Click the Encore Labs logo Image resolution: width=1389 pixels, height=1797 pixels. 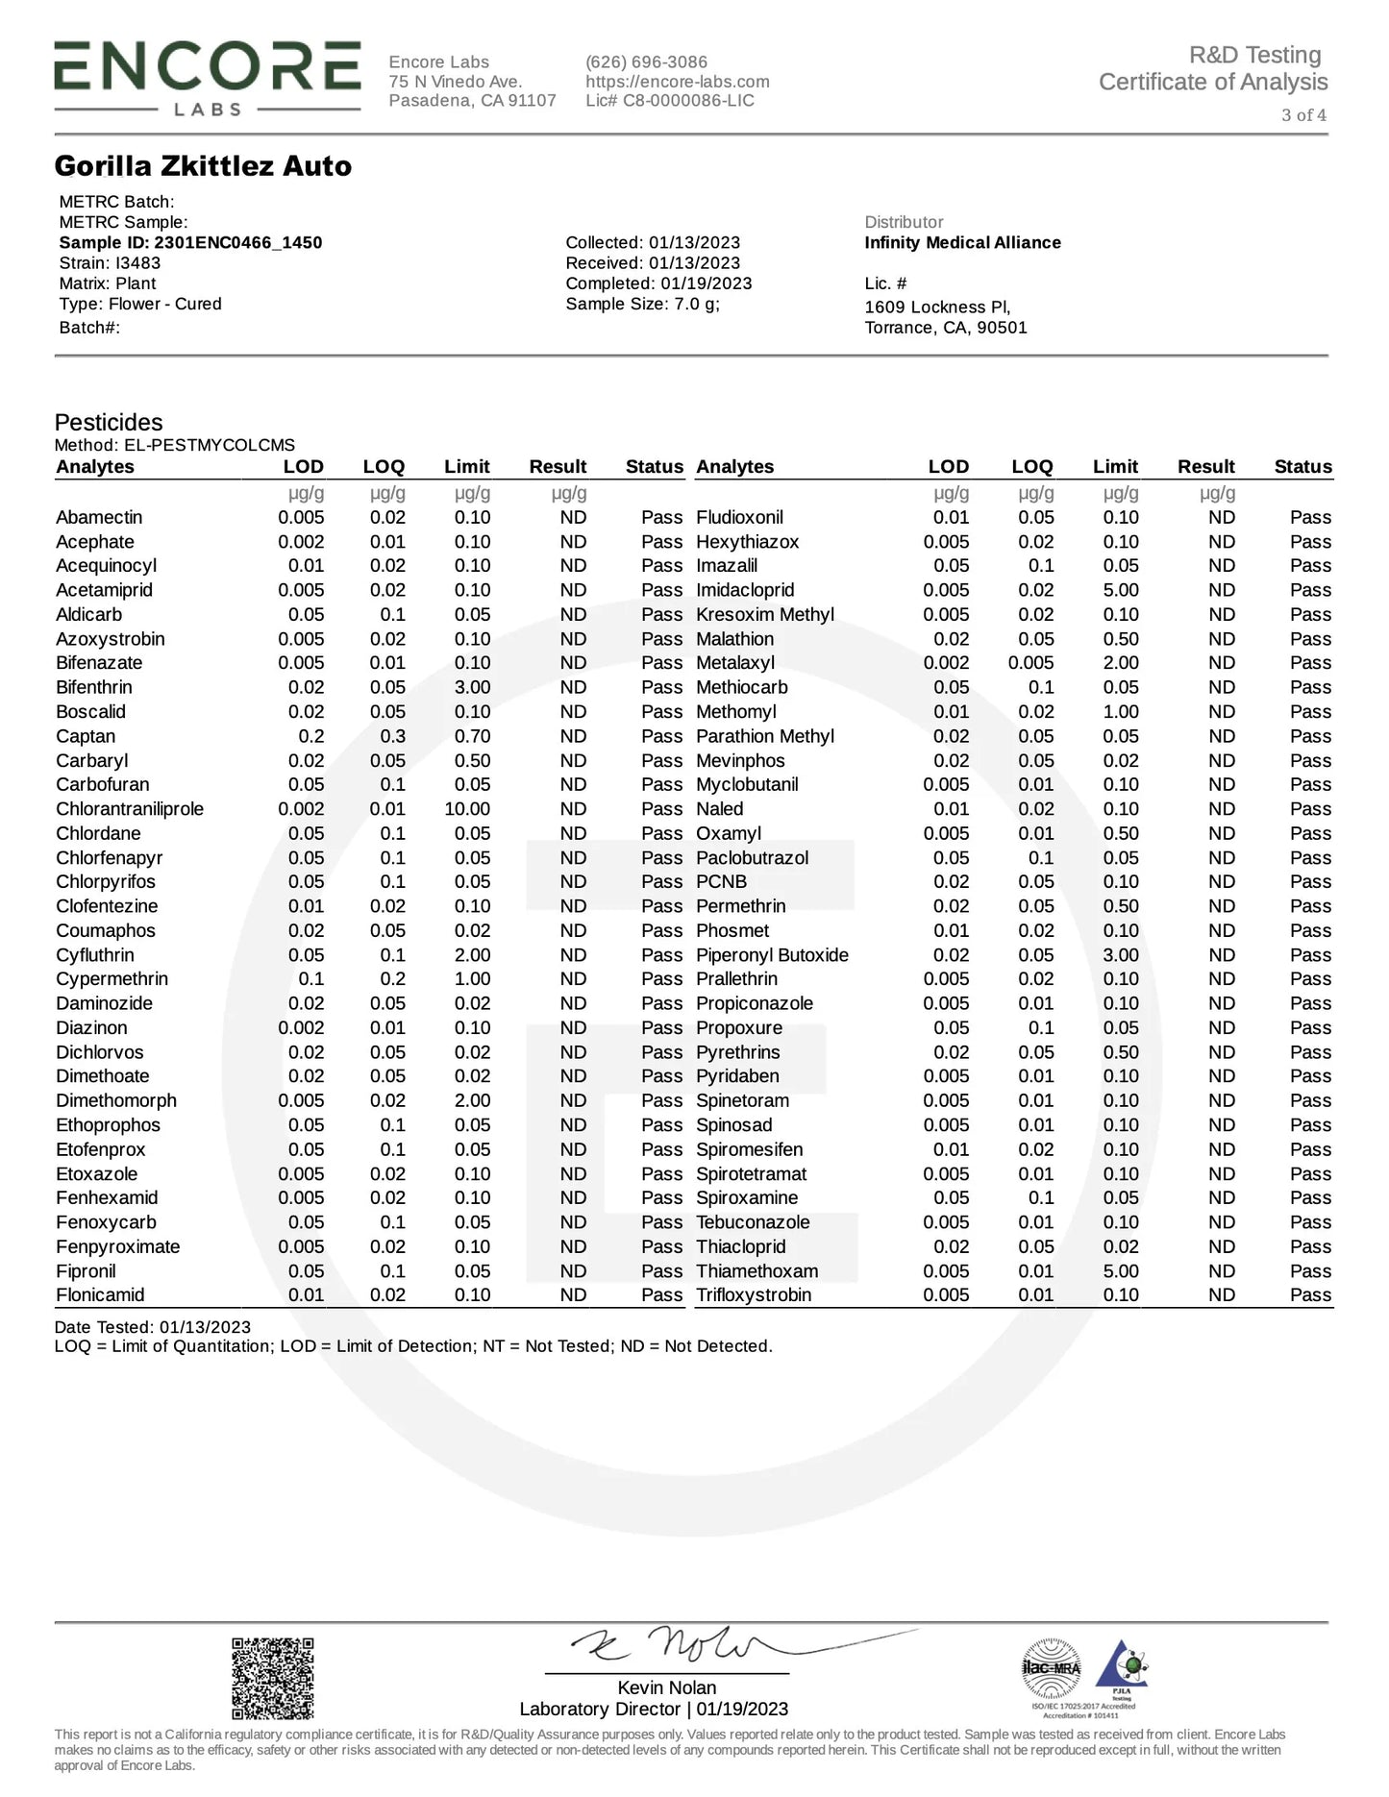tap(207, 77)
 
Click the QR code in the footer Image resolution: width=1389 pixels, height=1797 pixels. tap(273, 1678)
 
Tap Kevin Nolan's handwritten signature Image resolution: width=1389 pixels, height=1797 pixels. tap(692, 1645)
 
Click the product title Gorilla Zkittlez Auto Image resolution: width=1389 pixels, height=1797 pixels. tap(203, 166)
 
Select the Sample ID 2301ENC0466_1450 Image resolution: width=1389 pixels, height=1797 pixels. tap(190, 242)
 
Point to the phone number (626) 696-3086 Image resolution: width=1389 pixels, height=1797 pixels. tap(646, 62)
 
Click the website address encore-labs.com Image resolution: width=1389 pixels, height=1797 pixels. tap(677, 82)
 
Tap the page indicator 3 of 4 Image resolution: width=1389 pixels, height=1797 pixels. tap(1303, 115)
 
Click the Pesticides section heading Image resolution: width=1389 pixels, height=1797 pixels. tap(109, 422)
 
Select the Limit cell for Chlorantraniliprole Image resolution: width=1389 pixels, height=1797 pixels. tap(467, 809)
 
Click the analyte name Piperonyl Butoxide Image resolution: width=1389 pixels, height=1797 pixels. tap(772, 955)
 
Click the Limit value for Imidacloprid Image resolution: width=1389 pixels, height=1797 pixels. tap(1121, 590)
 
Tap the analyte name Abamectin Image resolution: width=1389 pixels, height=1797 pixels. tap(99, 517)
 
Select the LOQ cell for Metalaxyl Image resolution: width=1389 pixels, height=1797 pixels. tap(1030, 663)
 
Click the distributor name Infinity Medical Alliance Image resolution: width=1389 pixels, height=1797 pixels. tap(962, 243)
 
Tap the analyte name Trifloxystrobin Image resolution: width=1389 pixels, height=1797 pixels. tap(754, 1295)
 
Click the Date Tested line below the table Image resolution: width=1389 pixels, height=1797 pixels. tap(152, 1327)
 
